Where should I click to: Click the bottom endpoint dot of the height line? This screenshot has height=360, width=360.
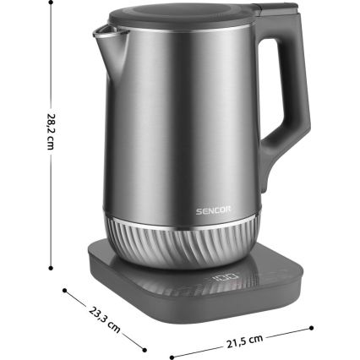pyautogui.click(x=30, y=268)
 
